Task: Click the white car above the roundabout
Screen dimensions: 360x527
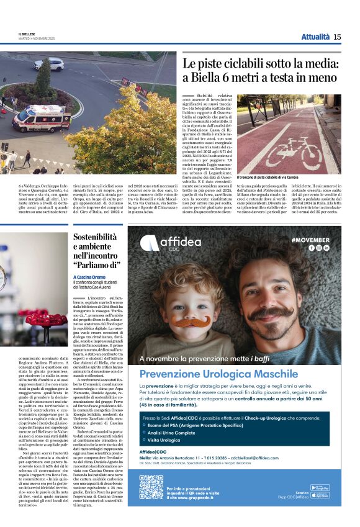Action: coord(56,64)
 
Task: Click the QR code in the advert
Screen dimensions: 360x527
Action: coord(151,487)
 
